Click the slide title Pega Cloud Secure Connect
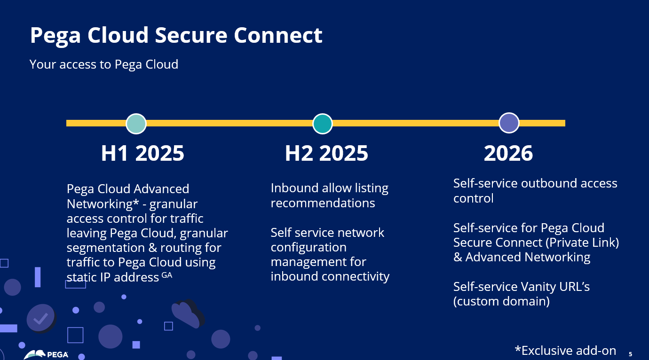coord(176,35)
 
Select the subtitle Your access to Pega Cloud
coord(104,64)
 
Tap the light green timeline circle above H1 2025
coord(136,124)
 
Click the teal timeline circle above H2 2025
coord(323,124)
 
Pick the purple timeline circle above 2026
coord(509,123)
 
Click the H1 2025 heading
coord(142,153)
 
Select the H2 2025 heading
coord(326,153)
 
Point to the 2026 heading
coord(508,153)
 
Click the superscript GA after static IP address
coord(167,275)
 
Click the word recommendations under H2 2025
coord(323,203)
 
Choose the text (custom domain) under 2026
coord(501,301)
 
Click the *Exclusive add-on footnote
coord(565,351)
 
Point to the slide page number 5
coord(630,354)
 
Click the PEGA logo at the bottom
coord(47,355)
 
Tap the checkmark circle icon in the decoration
coord(41,319)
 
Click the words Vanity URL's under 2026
coord(554,287)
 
